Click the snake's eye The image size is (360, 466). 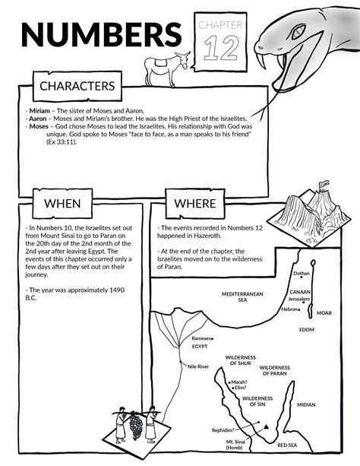(298, 32)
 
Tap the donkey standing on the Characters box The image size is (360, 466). (167, 69)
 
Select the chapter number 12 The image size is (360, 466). (221, 48)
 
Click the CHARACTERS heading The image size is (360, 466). (77, 86)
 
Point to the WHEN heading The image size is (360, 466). (62, 204)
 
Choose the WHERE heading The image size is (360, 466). (195, 204)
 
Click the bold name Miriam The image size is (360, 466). (39, 111)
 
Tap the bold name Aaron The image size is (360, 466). (38, 119)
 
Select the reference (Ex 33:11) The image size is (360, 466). (62, 142)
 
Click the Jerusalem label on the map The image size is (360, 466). (299, 299)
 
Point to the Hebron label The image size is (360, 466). (289, 309)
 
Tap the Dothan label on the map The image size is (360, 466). (302, 274)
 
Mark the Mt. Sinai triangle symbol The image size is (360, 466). (267, 426)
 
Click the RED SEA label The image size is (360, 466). (287, 445)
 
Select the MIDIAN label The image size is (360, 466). (306, 404)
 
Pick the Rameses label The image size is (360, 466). (201, 338)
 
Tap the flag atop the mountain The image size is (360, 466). (324, 185)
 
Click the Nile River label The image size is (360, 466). (198, 366)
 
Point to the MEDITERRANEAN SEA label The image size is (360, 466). (242, 297)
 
